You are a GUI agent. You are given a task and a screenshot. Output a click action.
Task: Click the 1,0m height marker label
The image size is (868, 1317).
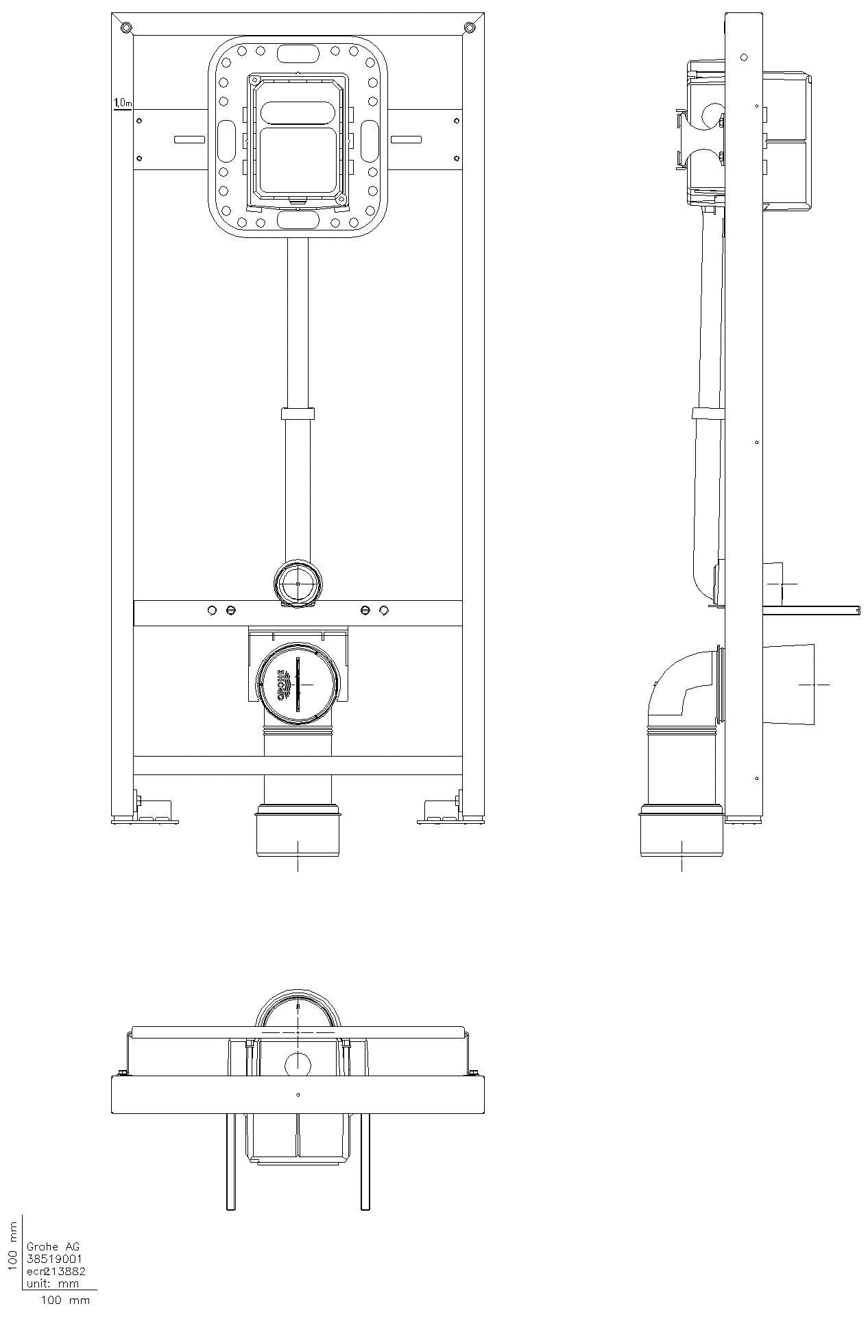coord(122,103)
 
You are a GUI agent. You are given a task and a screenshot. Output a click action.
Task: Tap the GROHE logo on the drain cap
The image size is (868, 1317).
coord(281,685)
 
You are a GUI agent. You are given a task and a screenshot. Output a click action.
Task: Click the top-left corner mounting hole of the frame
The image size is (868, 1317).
coord(125,27)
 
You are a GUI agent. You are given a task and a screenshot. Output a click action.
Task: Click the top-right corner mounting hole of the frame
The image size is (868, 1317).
coord(469,27)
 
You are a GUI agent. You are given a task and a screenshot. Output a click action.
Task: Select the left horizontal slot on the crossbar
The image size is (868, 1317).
coord(189,139)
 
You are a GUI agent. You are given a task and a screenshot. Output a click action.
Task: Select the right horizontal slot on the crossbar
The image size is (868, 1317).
coord(406,139)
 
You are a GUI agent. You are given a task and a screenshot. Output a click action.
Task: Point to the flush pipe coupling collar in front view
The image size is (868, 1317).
coord(298,414)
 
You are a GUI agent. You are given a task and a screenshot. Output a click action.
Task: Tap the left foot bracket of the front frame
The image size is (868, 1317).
coord(154,811)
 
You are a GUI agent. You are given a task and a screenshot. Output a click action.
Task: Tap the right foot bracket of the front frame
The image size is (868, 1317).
coord(440,811)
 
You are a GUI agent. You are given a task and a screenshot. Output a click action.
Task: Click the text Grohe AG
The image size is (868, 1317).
coord(52,1246)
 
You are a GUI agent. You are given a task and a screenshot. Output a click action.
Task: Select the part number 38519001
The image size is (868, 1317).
coord(54,1259)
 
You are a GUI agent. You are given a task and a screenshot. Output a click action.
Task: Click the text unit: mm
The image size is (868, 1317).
coord(52,1283)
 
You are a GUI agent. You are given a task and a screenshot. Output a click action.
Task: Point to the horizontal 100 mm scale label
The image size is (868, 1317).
coord(65,1300)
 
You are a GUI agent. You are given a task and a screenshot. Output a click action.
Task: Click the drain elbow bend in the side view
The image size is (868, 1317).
coord(675,686)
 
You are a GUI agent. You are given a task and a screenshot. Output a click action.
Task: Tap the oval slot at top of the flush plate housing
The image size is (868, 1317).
coord(298,52)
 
